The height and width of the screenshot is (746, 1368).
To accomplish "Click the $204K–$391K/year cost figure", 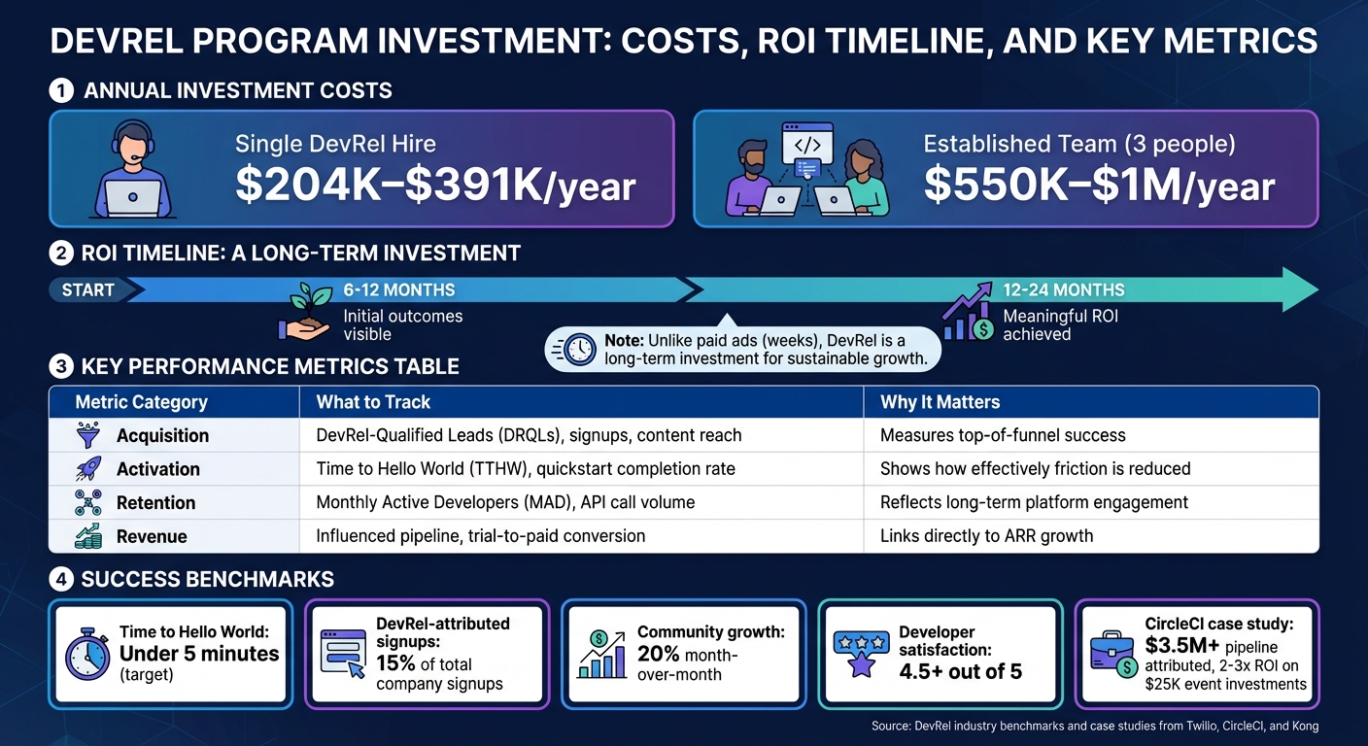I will [x=435, y=186].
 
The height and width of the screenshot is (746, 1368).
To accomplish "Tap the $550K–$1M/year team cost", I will [x=1099, y=186].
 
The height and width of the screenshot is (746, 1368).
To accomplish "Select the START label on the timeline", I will [x=87, y=289].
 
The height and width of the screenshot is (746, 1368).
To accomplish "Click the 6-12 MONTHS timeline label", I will [x=398, y=289].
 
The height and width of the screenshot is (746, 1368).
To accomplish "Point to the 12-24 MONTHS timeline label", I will [x=1064, y=289].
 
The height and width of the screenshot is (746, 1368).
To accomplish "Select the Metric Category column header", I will [x=142, y=402].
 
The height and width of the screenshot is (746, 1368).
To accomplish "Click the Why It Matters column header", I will [x=940, y=402].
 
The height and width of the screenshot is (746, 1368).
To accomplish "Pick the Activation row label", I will [x=157, y=469].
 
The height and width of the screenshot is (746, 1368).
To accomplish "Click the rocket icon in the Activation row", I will [x=87, y=469].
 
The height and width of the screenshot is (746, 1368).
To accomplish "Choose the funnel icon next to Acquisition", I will [x=87, y=435].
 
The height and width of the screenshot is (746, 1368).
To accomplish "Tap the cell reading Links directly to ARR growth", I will [x=986, y=536].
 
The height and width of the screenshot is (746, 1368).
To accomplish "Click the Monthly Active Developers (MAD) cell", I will [x=505, y=502].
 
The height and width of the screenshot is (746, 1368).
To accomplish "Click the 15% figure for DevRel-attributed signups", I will [x=396, y=664].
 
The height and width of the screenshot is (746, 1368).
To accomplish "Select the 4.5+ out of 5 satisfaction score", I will [x=960, y=671].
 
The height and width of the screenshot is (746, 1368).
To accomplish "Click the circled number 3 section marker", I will [x=60, y=367].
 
